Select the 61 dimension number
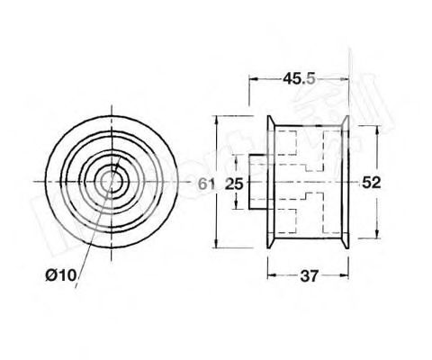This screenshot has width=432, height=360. click(205, 183)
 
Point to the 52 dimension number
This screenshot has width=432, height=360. click(371, 183)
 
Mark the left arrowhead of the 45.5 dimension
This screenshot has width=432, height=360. click(253, 79)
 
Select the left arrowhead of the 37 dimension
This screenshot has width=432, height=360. click(272, 274)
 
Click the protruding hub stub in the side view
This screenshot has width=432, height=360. click(259, 182)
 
